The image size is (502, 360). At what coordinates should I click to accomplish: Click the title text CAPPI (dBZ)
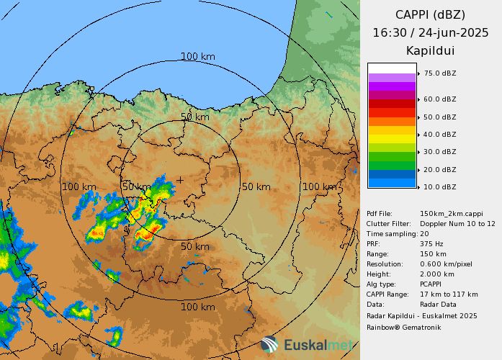point(431,14)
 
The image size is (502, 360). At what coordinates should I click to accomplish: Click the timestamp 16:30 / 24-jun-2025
point(431,32)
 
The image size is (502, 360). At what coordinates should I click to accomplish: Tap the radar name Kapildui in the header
point(431,51)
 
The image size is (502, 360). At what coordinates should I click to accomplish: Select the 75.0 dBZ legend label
point(439,73)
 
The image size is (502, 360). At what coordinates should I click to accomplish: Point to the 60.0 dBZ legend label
point(439,99)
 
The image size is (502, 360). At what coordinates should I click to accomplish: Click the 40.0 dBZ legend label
point(439,135)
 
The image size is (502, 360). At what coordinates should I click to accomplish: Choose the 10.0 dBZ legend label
point(439,187)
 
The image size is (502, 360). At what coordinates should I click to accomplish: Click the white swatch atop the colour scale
point(392,68)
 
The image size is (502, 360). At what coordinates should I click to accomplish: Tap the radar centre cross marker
point(180,180)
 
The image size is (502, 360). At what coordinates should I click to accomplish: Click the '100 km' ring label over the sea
point(197,56)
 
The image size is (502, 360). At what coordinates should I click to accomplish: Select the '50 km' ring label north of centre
point(195,117)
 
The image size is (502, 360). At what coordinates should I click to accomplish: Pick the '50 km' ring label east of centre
point(256,187)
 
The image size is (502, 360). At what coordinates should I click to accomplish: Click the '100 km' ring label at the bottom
point(197,307)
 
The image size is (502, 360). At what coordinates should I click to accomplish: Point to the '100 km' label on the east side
point(319,187)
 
